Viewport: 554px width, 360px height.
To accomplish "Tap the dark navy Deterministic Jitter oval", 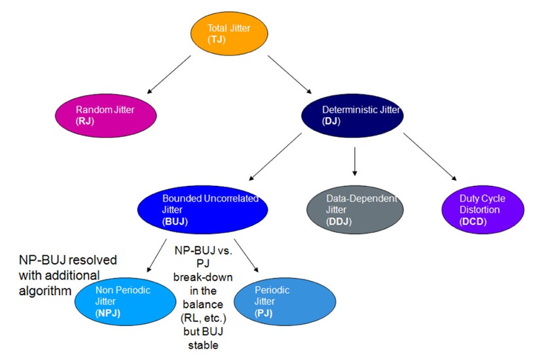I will [x=352, y=115].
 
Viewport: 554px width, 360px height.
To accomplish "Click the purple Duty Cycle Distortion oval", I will [x=483, y=210].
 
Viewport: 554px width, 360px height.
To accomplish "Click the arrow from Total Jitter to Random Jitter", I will [x=169, y=74].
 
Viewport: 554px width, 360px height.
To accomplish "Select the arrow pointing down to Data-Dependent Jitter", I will [x=354, y=162].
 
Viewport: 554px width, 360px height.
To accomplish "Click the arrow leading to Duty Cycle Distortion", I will [x=429, y=156].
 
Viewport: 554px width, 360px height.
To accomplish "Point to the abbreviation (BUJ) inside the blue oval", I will [x=175, y=222].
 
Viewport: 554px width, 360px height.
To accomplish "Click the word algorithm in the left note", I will [x=43, y=289].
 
